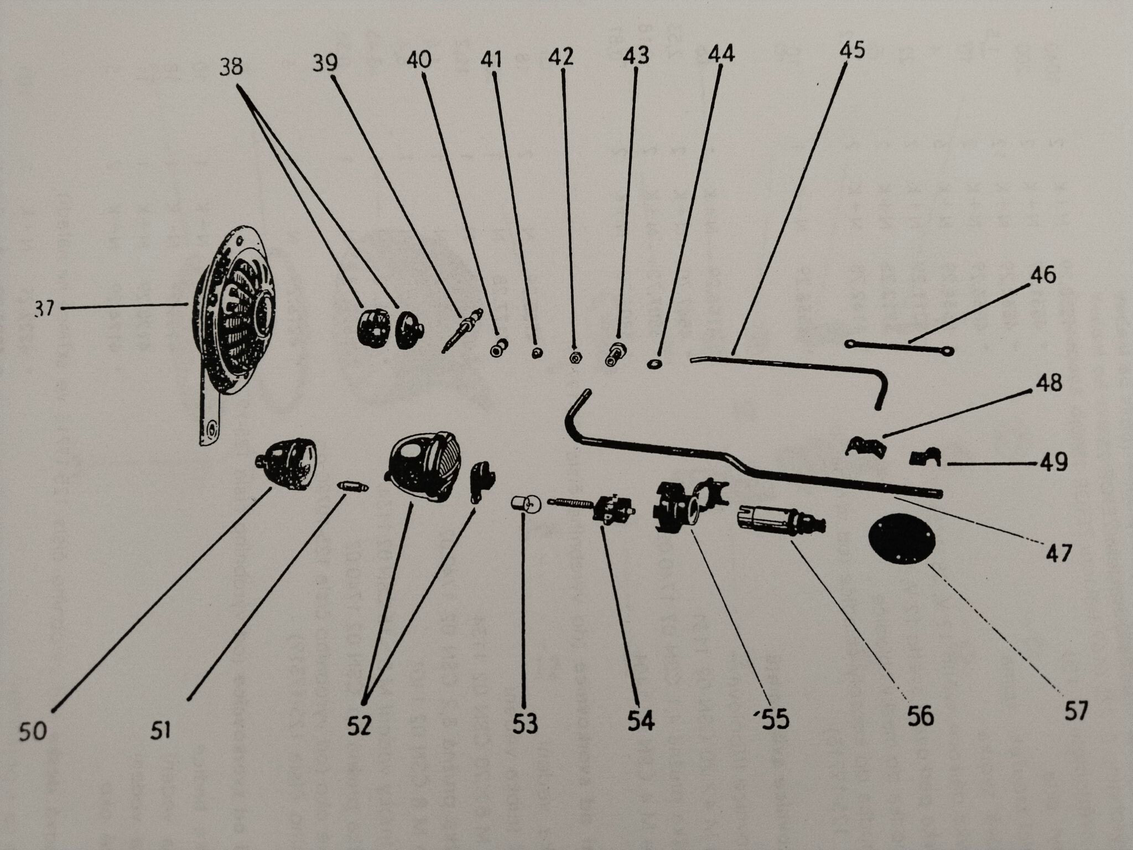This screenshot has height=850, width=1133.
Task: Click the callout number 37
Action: point(45,308)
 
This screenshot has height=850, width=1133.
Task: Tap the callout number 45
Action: point(851,50)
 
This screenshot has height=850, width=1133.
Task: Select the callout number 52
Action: point(359,725)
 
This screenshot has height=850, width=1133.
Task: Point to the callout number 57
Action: point(1076,711)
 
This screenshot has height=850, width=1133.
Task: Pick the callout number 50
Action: point(33,732)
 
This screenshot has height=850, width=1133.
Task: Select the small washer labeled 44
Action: point(654,364)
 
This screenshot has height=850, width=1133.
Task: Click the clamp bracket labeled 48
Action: point(865,446)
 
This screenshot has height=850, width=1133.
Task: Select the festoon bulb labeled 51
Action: point(352,486)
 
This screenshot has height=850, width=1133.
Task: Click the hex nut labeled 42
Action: point(574,357)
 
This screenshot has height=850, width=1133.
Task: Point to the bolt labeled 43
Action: point(616,353)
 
